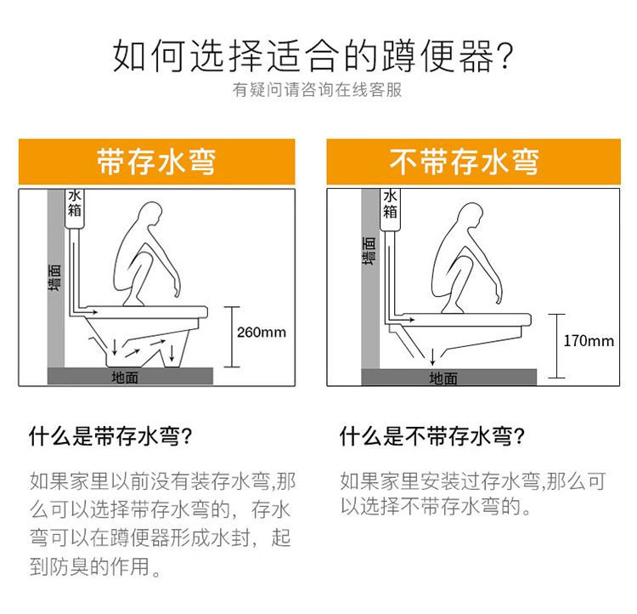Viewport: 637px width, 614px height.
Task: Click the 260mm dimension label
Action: click(262, 332)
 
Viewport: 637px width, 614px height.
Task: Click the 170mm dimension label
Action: click(589, 340)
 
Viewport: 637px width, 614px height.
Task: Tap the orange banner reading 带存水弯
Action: click(157, 162)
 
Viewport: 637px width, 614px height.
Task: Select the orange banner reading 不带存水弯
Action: click(473, 162)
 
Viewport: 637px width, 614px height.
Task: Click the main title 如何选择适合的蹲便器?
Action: click(313, 56)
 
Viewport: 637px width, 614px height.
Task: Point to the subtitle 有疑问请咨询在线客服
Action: click(318, 89)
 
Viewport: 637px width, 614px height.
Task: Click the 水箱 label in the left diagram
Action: click(75, 203)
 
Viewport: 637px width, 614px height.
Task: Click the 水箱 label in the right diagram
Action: click(390, 204)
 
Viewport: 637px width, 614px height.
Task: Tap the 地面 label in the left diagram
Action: click(125, 378)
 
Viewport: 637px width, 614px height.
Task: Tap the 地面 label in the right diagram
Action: click(443, 378)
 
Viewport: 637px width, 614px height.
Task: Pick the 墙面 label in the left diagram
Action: click(55, 277)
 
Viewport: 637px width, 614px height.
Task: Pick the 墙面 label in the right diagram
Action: click(369, 251)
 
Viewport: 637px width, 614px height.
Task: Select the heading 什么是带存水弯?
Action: click(110, 436)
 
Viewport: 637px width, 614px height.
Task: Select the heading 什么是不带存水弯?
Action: click(432, 436)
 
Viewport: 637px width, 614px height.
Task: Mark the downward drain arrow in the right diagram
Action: click(432, 357)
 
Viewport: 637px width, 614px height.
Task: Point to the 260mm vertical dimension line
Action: click(232, 337)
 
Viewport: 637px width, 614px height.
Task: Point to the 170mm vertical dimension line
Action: click(556, 346)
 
